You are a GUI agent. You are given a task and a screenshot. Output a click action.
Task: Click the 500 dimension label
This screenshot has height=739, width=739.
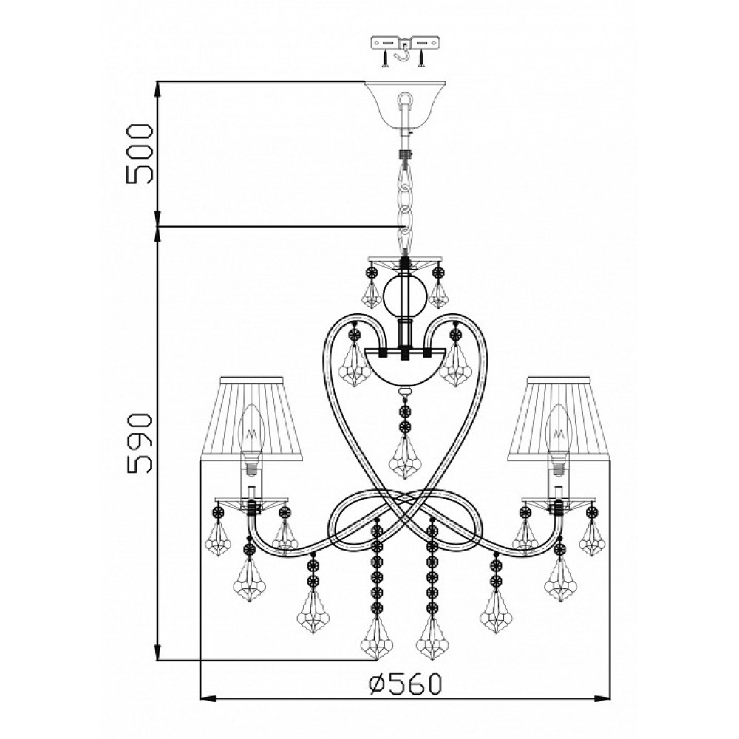coord(140,154)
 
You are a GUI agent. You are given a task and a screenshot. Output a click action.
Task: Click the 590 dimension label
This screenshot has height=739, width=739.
coord(140,443)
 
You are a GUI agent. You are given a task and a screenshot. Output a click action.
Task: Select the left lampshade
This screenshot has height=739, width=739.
coord(253,417)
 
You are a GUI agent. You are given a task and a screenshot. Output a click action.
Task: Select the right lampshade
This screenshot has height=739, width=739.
coord(558,417)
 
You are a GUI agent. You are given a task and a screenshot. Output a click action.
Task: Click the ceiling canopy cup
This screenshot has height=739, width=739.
coord(405,106)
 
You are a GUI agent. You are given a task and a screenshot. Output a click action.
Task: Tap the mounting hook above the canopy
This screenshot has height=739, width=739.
coord(405,52)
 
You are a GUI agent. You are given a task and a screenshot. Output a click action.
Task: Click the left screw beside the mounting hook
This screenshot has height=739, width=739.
coord(386,58)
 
